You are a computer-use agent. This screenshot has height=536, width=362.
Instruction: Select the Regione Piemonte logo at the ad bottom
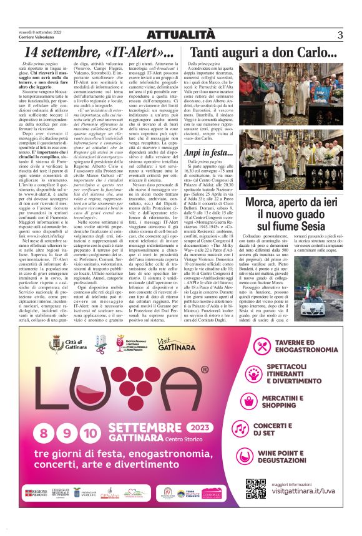click(36, 494)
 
